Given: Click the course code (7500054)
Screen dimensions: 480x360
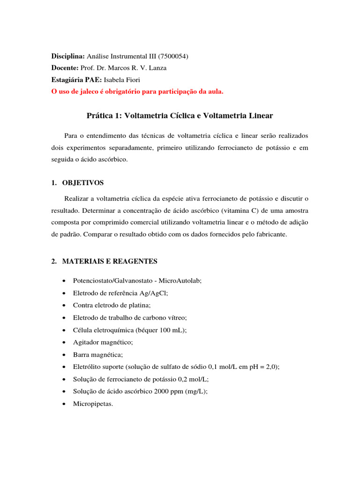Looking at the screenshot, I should click(x=172, y=56).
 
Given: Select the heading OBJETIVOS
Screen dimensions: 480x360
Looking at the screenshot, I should click(x=83, y=182).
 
